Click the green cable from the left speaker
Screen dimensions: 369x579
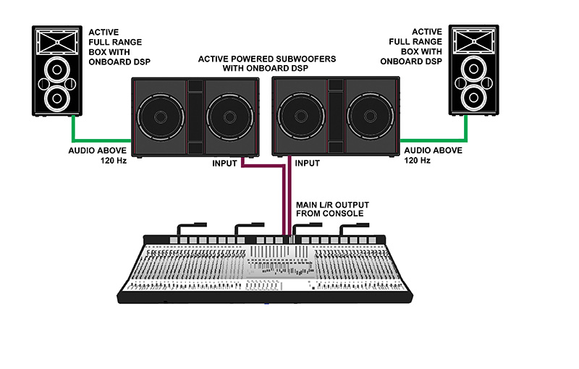point(94,140)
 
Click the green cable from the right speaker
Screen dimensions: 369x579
point(434,140)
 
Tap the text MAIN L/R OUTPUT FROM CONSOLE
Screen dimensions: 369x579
point(329,209)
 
